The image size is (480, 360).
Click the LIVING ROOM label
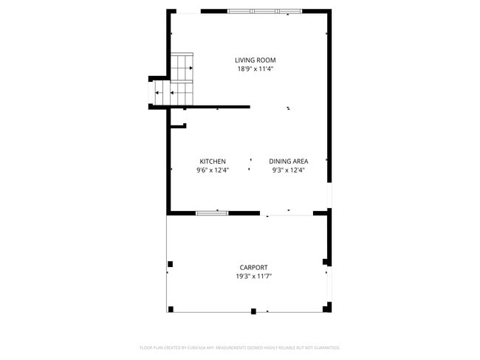pyautogui.click(x=250, y=60)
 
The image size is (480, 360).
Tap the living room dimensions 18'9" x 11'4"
pyautogui.click(x=250, y=69)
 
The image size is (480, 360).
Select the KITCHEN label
pyautogui.click(x=213, y=161)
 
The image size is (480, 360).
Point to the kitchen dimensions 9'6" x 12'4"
pyautogui.click(x=213, y=170)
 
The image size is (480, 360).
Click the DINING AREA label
pyautogui.click(x=288, y=161)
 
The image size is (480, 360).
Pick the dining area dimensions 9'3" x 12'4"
pyautogui.click(x=288, y=170)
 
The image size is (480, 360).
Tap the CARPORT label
pyautogui.click(x=253, y=267)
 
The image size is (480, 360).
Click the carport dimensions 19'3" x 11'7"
pyautogui.click(x=253, y=276)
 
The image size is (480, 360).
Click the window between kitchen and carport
pyautogui.click(x=212, y=213)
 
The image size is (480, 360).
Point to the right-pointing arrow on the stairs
pyautogui.click(x=191, y=68)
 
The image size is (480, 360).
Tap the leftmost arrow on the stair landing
pyautogui.click(x=157, y=93)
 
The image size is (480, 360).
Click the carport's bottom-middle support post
pyautogui.click(x=253, y=311)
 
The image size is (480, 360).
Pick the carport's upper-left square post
pyautogui.click(x=171, y=264)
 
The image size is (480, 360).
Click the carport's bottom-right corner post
pyautogui.click(x=328, y=307)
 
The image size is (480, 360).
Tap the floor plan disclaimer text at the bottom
pyautogui.click(x=239, y=347)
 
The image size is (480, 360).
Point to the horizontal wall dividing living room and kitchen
pyautogui.click(x=214, y=107)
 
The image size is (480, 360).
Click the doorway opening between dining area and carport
pyautogui.click(x=287, y=214)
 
